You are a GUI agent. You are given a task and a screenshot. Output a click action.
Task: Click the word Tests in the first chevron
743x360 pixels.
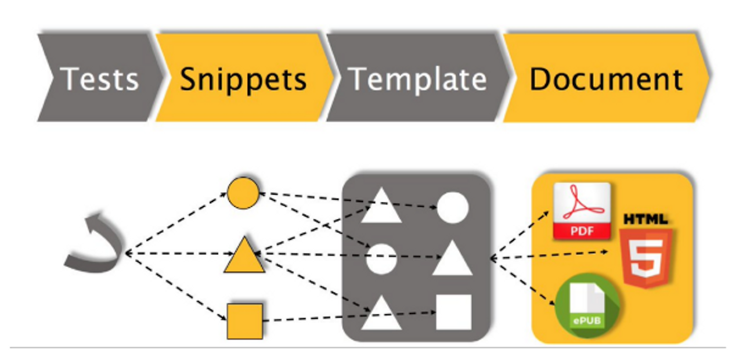(100, 79)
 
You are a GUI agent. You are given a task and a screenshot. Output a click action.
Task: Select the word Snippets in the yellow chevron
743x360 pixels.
(243, 79)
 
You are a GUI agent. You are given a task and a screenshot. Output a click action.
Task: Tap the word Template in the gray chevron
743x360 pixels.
(418, 79)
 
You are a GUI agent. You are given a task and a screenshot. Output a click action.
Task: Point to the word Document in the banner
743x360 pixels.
(606, 79)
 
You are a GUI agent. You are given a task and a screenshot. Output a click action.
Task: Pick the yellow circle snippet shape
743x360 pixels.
(243, 193)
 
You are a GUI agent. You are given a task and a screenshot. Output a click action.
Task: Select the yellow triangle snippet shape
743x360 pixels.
(244, 257)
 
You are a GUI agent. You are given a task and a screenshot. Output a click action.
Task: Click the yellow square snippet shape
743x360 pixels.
(244, 321)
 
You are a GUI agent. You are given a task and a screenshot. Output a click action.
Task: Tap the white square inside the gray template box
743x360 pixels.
(453, 312)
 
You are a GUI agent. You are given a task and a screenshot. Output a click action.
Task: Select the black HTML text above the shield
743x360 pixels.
(645, 219)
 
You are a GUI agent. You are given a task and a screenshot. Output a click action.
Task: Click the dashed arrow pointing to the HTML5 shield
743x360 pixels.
(551, 255)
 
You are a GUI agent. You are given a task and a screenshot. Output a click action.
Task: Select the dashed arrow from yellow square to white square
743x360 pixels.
(348, 316)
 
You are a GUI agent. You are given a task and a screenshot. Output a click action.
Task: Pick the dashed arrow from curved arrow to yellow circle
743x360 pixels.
(177, 223)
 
